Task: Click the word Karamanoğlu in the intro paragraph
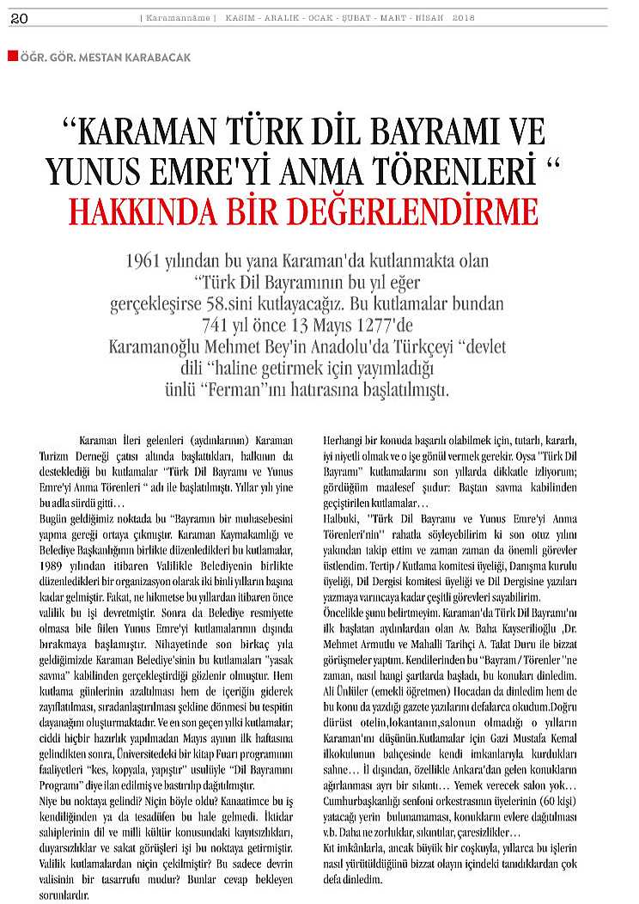(x=161, y=347)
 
